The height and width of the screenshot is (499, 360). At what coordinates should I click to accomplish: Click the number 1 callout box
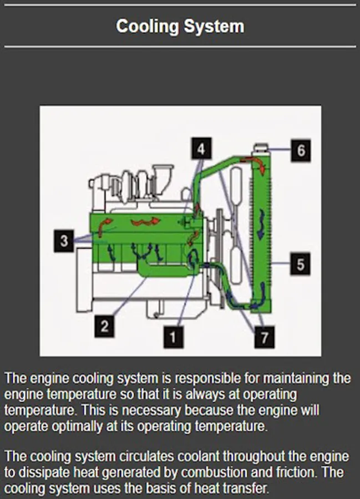click(x=173, y=335)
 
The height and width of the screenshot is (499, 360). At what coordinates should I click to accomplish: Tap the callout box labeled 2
click(x=104, y=326)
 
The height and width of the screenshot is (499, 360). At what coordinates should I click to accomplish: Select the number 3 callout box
click(x=64, y=241)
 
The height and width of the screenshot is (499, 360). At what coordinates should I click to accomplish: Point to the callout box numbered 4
click(x=201, y=149)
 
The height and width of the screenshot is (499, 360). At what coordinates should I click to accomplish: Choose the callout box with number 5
click(x=300, y=264)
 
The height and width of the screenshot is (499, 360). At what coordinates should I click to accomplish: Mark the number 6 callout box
click(x=301, y=150)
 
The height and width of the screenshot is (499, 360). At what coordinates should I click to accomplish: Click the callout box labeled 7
click(x=265, y=337)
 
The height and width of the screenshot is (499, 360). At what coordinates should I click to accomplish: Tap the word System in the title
click(x=214, y=26)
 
